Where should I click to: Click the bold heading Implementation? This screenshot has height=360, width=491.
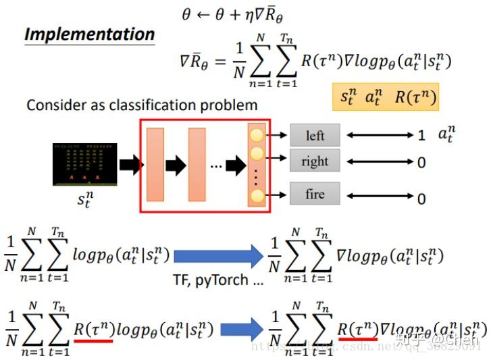89,34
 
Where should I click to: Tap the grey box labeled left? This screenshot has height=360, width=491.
315,135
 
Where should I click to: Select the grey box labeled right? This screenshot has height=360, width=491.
315,161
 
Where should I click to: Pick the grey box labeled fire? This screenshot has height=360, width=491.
315,194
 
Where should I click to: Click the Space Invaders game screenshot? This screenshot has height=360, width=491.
84,164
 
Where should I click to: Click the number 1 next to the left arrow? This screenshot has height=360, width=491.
421,136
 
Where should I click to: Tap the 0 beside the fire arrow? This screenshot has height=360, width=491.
421,198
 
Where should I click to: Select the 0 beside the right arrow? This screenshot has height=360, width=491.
421,163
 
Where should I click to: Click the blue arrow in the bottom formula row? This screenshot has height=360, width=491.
242,330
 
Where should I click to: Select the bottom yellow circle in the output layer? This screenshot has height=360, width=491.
257,197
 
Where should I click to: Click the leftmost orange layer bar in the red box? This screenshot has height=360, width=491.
155,164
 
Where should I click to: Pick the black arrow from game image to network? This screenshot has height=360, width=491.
131,164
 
